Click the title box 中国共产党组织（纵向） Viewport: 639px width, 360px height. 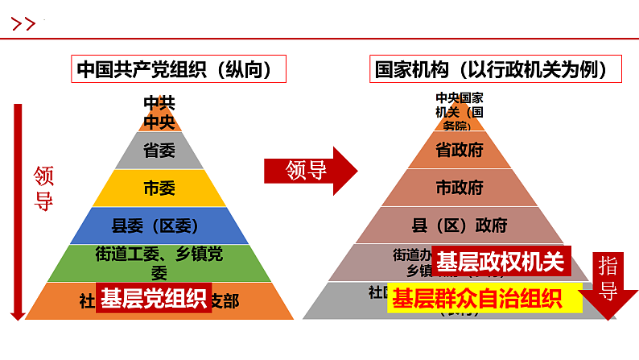tap(181, 69)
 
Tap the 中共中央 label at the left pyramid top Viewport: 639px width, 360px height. tap(159, 114)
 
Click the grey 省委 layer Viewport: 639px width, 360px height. tap(158, 151)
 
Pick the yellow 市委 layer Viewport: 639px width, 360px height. tap(159, 188)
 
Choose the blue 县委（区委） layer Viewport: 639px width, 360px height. tap(159, 226)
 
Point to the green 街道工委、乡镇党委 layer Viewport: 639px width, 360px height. tap(159, 262)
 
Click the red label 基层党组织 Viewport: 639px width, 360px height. tap(153, 299)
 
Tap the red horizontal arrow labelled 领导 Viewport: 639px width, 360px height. tap(310, 170)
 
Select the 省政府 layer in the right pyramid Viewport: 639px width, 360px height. tap(459, 151)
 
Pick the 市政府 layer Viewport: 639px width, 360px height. tap(459, 188)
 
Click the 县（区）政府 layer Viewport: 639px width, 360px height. tap(459, 225)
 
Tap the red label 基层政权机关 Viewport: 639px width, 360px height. tap(501, 262)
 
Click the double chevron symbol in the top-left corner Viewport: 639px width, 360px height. tap(24, 24)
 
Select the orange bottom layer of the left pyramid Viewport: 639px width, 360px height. tap(241, 302)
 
